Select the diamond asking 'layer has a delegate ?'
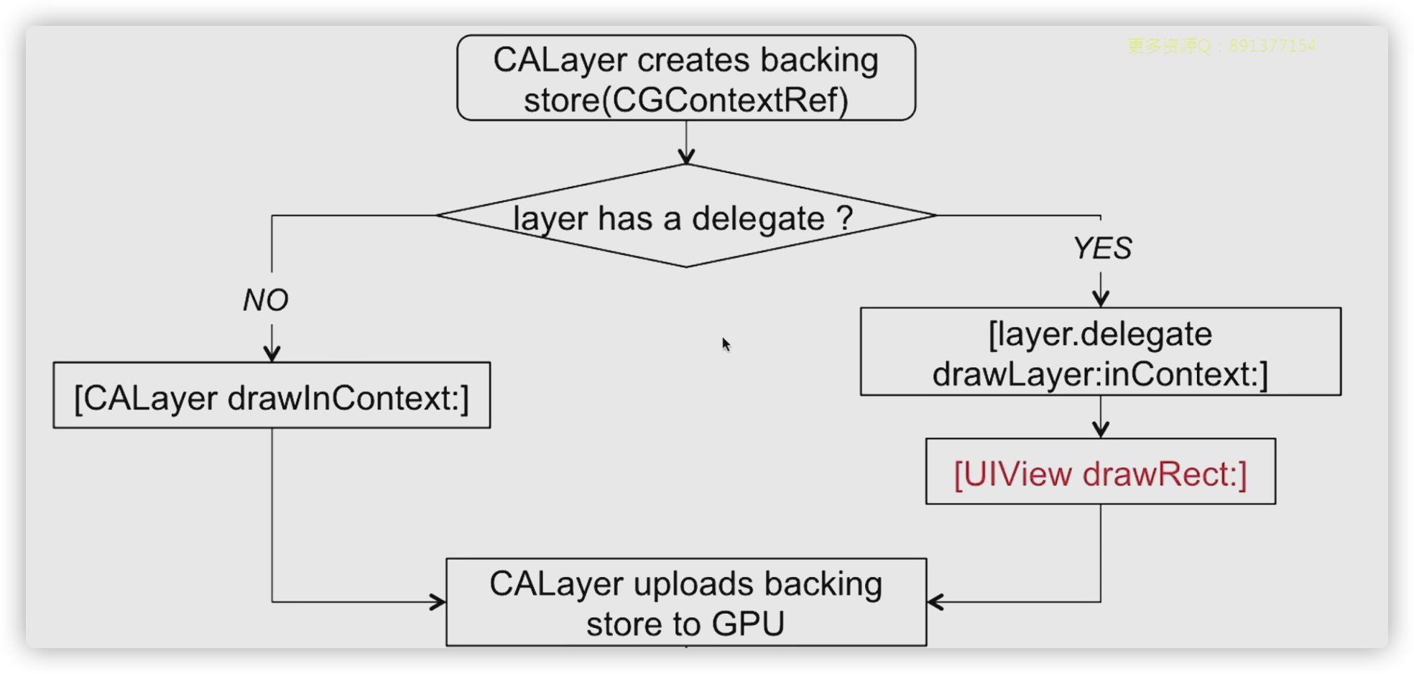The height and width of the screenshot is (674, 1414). [x=685, y=216]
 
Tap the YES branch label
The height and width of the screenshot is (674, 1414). [x=1102, y=249]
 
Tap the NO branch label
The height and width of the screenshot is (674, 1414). [x=265, y=300]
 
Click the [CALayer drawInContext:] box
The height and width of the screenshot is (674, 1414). [x=272, y=396]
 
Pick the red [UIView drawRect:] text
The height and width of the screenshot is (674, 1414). [x=1100, y=474]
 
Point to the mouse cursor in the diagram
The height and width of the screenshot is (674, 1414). [x=726, y=344]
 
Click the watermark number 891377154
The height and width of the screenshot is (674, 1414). [x=1272, y=46]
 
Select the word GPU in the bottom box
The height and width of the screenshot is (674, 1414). [x=748, y=624]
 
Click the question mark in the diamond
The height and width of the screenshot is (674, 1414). [x=845, y=218]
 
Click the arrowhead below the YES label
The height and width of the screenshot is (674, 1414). [x=1101, y=298]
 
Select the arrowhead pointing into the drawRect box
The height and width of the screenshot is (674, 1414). [x=1101, y=430]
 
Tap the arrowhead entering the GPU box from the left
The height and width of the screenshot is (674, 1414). [x=438, y=602]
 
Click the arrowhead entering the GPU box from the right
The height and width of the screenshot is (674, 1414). [x=935, y=602]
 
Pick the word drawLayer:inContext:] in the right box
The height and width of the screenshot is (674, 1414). [x=1100, y=374]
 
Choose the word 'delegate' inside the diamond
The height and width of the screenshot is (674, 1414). [x=757, y=218]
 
